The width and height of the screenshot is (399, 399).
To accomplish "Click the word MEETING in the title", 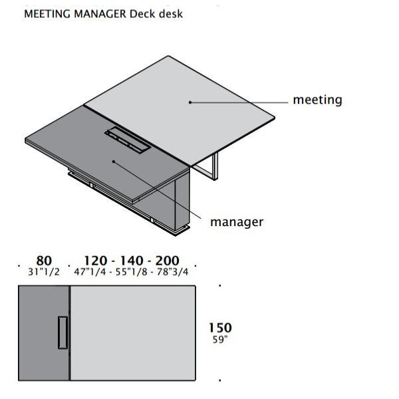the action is pyautogui.click(x=47, y=14).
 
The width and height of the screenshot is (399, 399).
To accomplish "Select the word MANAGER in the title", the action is pyautogui.click(x=100, y=14).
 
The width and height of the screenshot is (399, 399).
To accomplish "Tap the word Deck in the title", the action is pyautogui.click(x=142, y=14).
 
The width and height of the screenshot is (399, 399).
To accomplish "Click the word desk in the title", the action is pyautogui.click(x=171, y=14).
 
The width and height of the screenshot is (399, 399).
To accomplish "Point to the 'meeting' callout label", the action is pyautogui.click(x=318, y=100).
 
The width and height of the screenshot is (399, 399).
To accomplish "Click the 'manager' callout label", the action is pyautogui.click(x=237, y=222).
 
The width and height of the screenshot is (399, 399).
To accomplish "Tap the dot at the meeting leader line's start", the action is pyautogui.click(x=190, y=102).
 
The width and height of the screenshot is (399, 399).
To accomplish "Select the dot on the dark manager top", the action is pyautogui.click(x=114, y=162).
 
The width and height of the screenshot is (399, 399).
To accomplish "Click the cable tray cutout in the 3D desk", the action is pyautogui.click(x=128, y=140).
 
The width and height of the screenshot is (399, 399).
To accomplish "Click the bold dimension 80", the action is pyautogui.click(x=44, y=261).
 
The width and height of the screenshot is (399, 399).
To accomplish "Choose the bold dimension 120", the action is pyautogui.click(x=95, y=261).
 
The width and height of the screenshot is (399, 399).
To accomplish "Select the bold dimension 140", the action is pyautogui.click(x=132, y=261).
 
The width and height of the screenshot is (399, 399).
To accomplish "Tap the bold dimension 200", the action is pyautogui.click(x=167, y=261).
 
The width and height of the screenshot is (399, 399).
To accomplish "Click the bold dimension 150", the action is pyautogui.click(x=220, y=328).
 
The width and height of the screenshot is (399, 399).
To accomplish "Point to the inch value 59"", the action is pyautogui.click(x=220, y=339).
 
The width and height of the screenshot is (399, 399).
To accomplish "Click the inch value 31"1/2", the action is pyautogui.click(x=44, y=272).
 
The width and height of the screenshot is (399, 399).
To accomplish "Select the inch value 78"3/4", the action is pyautogui.click(x=172, y=272).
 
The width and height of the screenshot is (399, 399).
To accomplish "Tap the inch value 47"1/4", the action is pyautogui.click(x=90, y=272).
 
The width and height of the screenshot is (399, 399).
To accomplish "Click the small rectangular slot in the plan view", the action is pyautogui.click(x=63, y=332).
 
